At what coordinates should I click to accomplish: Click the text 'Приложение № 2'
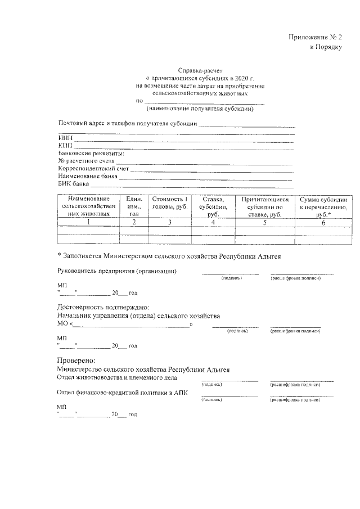316,37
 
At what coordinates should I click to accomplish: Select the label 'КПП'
65,146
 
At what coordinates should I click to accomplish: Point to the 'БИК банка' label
74,183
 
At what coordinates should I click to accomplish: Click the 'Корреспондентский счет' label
93,168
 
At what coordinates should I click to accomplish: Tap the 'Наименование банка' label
88,176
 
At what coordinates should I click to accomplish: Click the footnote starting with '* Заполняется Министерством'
169,255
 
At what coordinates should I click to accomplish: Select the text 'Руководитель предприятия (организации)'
118,272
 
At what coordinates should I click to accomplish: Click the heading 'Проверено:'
76,360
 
